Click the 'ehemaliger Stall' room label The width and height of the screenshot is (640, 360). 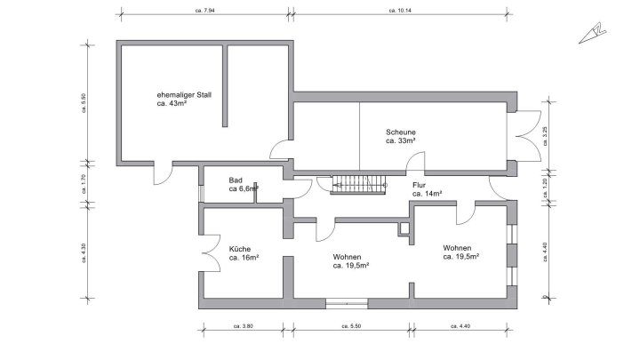(183, 93)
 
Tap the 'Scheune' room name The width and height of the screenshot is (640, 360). (401, 132)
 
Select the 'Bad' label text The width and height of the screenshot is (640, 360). (236, 179)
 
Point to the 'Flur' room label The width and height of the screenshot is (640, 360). (420, 184)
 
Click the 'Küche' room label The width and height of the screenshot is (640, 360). (240, 249)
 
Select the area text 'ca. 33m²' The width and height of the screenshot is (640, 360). (401, 140)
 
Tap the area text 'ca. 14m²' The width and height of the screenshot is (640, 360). (428, 193)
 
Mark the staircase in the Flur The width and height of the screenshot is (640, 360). (360, 185)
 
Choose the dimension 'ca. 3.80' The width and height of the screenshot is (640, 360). (243, 326)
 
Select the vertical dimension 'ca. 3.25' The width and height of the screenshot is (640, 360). (545, 135)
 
